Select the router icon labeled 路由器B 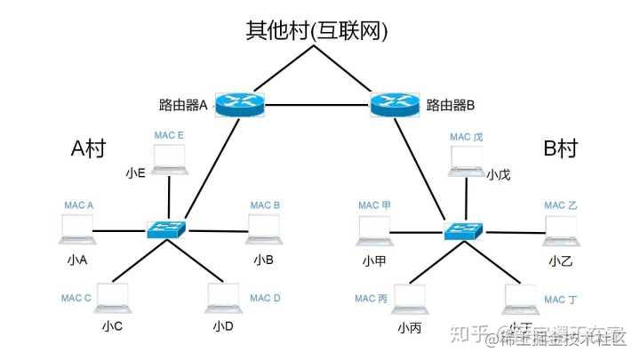click(x=396, y=104)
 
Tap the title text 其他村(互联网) click(x=317, y=32)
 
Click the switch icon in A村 click(x=168, y=228)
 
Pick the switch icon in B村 click(x=465, y=228)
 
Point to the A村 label click(x=88, y=148)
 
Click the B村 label click(x=560, y=148)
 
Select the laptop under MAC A click(x=77, y=228)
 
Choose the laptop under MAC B click(x=263, y=228)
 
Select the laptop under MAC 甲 click(x=374, y=228)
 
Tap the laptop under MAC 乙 click(x=560, y=228)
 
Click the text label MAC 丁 click(x=560, y=300)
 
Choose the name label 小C click(x=112, y=326)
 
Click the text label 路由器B click(x=451, y=105)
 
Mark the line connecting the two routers click(x=317, y=105)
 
